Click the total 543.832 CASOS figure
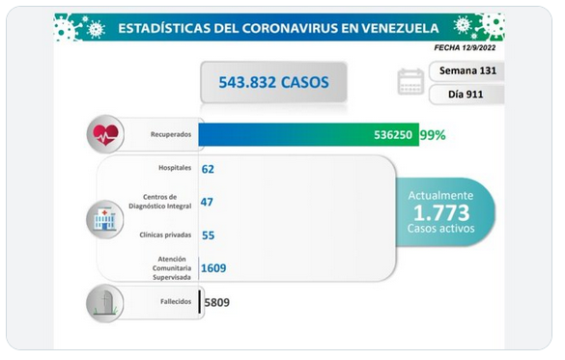[x=273, y=82]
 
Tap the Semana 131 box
[x=466, y=70]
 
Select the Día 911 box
[x=466, y=95]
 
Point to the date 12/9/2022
[x=479, y=47]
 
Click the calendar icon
[x=410, y=82]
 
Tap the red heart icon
[x=105, y=135]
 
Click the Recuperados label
[x=171, y=134]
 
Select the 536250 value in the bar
[x=393, y=135]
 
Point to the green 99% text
[x=433, y=135]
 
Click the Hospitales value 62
[x=208, y=169]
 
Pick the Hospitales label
[x=175, y=168]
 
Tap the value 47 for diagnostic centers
[x=207, y=202]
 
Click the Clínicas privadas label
[x=165, y=235]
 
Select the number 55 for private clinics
[x=209, y=235]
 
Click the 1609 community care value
[x=213, y=268]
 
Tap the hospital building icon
[x=105, y=220]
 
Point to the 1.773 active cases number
[x=441, y=212]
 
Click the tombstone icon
[x=105, y=303]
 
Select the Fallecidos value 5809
[x=217, y=302]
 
